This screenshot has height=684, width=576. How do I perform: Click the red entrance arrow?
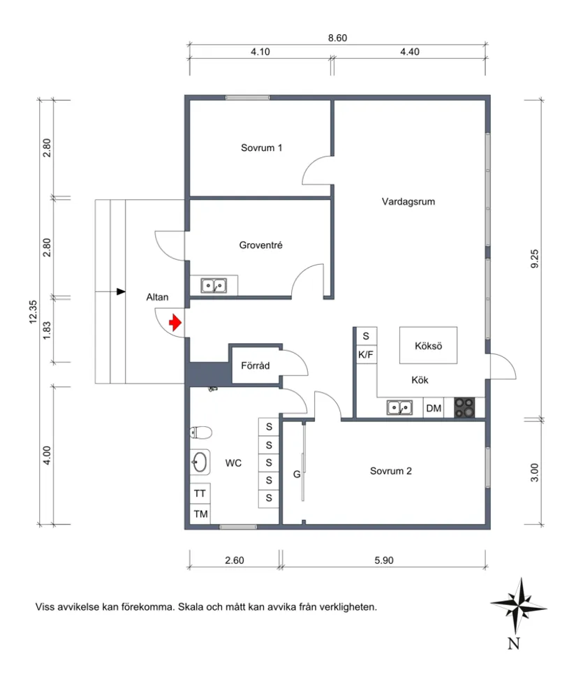tap(175, 322)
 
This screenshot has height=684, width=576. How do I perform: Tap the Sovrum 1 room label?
tap(262, 148)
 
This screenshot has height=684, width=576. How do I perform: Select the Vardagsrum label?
tap(408, 201)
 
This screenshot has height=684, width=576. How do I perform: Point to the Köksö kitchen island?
tap(428, 345)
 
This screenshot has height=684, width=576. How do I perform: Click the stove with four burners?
tap(464, 408)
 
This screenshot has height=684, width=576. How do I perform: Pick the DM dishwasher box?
tap(434, 408)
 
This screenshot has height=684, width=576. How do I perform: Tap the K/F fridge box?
tap(366, 354)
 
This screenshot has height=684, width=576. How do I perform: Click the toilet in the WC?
tap(201, 432)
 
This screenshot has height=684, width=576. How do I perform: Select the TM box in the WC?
tap(200, 514)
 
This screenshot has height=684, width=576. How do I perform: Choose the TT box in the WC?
tap(200, 493)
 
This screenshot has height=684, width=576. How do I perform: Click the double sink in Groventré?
tap(214, 286)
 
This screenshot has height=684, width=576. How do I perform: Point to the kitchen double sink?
tap(399, 408)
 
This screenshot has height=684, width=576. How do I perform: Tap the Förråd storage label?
tap(255, 365)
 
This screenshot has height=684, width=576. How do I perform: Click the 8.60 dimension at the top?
tap(337, 38)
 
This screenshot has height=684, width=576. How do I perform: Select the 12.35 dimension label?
tap(33, 312)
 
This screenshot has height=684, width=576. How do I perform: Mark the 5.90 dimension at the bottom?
tap(384, 560)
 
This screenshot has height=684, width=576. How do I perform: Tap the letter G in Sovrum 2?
tap(297, 474)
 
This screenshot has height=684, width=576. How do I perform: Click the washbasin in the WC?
tap(200, 462)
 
